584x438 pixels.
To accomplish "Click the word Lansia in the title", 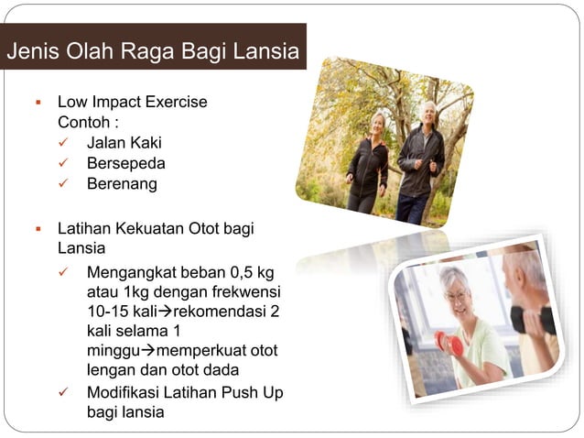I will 268,51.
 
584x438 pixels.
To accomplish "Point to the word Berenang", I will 122,183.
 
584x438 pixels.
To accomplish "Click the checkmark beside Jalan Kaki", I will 63,143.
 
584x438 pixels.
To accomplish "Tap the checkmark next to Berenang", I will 63,183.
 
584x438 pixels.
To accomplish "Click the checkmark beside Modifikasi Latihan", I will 63,392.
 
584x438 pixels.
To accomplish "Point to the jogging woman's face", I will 378,123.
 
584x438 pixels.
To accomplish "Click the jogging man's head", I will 427,112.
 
